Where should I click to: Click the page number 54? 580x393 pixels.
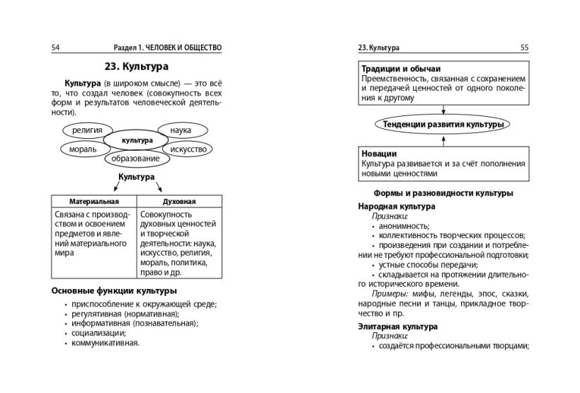click(56, 47)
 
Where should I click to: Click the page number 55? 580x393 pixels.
click(524, 47)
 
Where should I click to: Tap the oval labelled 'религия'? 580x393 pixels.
click(87, 130)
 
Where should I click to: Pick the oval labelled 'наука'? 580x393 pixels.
click(182, 130)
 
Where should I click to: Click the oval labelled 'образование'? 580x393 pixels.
click(137, 159)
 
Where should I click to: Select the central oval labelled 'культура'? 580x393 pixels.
click(137, 140)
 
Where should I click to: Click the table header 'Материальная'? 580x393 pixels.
click(93, 201)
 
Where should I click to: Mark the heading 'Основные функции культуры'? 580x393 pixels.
click(114, 290)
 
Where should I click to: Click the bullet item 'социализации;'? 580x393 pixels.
click(98, 333)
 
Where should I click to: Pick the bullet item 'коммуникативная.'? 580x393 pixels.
click(106, 343)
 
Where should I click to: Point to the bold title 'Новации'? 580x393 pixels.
click(379, 153)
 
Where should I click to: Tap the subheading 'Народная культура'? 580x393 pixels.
click(397, 206)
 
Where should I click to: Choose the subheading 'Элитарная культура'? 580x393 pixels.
click(398, 326)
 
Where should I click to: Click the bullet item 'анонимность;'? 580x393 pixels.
click(399, 226)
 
